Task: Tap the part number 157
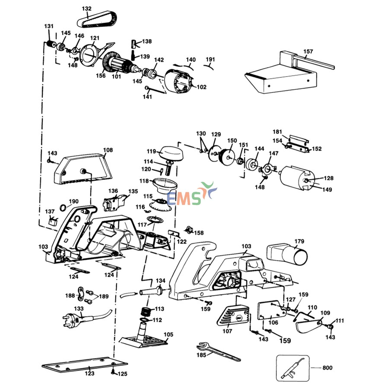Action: click(308, 51)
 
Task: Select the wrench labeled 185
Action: click(218, 351)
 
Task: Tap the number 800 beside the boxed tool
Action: click(327, 368)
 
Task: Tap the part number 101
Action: click(116, 76)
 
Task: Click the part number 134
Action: click(160, 281)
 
